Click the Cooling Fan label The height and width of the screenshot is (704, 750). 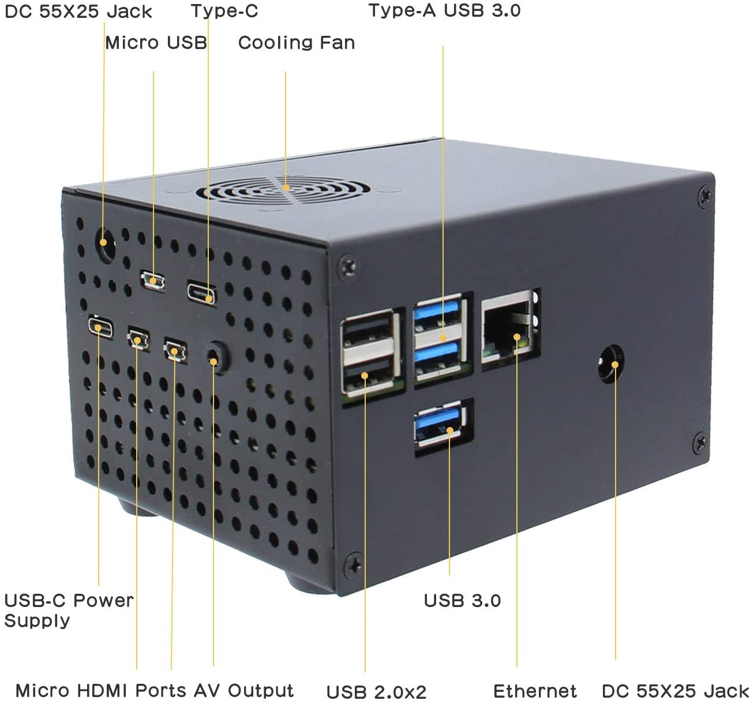coord(297,42)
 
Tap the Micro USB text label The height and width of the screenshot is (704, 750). coord(156,42)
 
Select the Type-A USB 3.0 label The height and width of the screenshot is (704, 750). coord(444,10)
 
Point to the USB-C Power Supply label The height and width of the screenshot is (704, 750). coord(69,611)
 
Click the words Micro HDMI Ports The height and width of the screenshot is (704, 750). coord(101,690)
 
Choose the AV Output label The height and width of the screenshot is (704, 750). coord(243,690)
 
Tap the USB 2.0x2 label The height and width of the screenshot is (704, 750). coord(376,692)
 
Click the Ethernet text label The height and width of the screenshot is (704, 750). coord(535,691)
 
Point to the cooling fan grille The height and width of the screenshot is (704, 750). coord(283,191)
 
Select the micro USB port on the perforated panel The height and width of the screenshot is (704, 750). coord(152,280)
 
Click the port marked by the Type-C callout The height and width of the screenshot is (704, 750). coord(202,293)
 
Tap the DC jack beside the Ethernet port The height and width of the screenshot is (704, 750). coord(611,364)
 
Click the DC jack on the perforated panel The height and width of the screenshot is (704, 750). coord(106,245)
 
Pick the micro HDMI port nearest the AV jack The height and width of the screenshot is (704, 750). coord(175,351)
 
